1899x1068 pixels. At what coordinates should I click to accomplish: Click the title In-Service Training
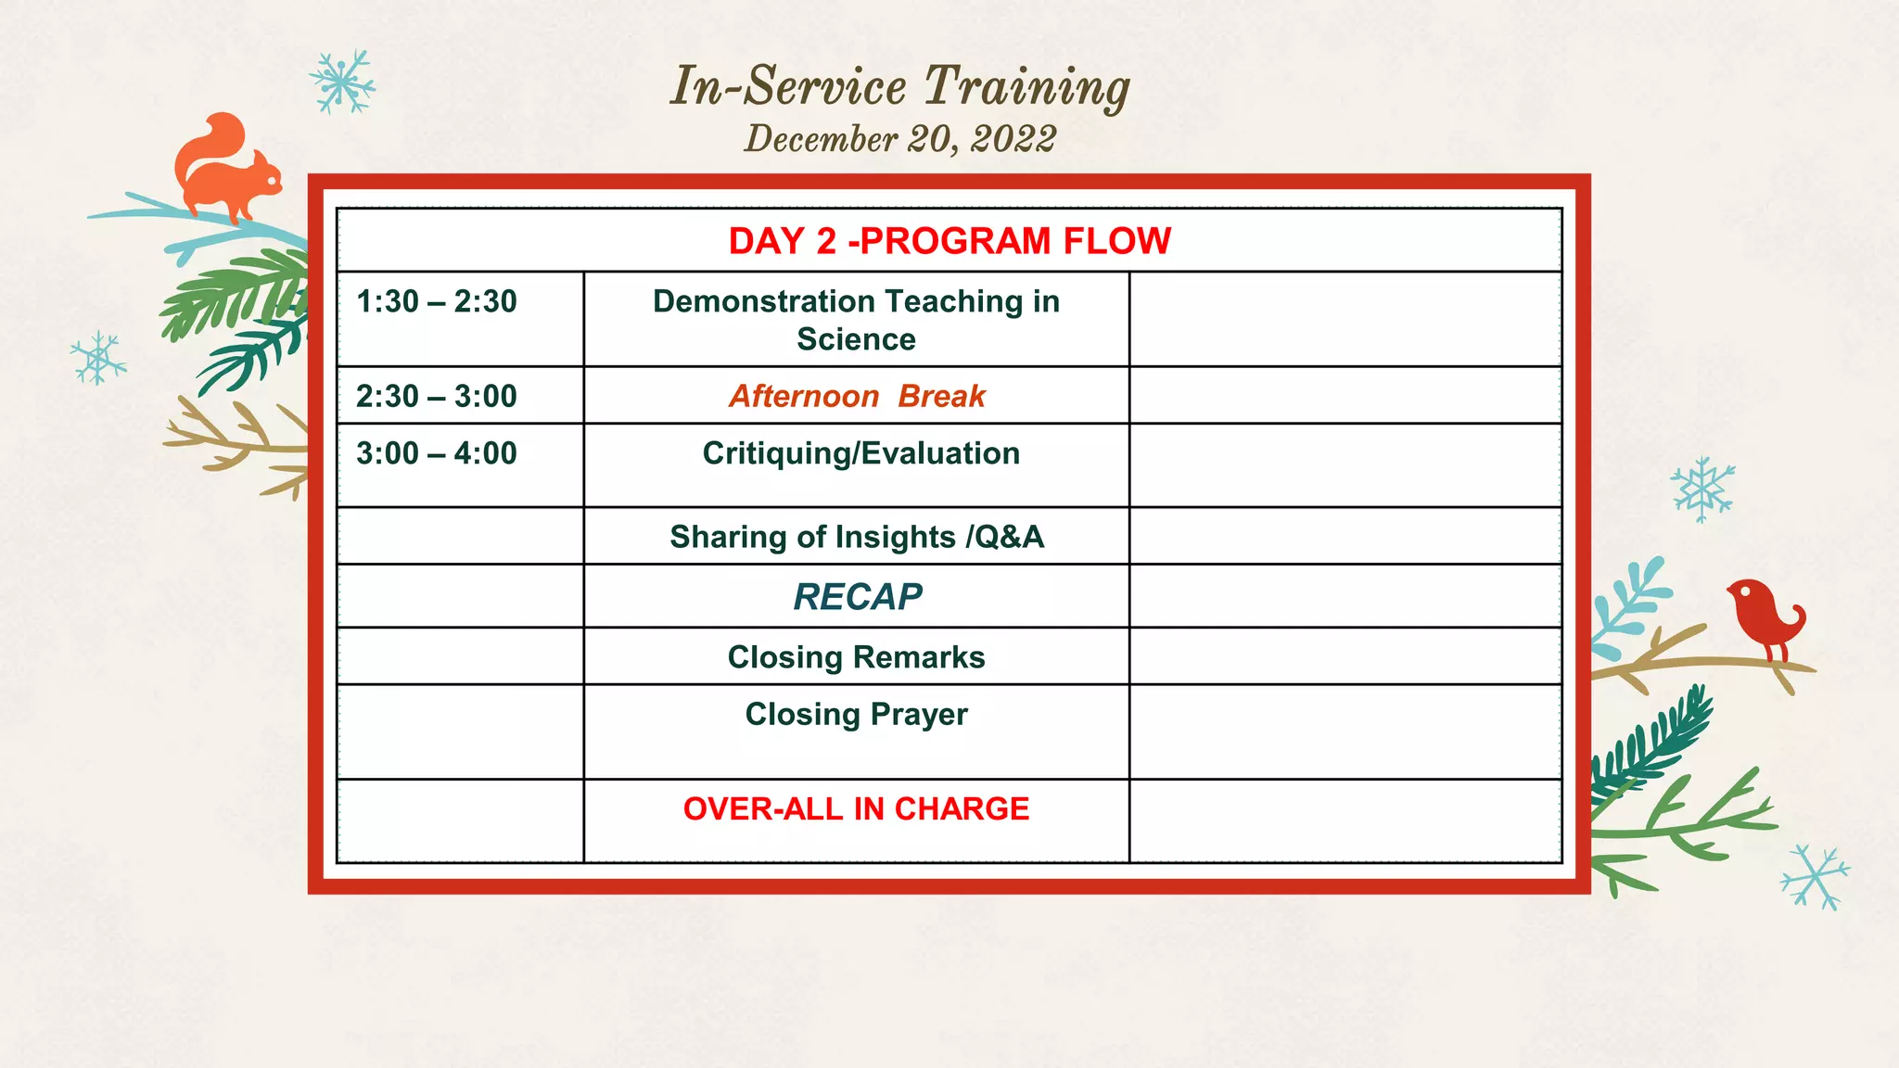point(899,86)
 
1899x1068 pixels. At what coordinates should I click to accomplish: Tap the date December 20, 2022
point(899,139)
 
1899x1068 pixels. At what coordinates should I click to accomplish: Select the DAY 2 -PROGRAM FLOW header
point(949,241)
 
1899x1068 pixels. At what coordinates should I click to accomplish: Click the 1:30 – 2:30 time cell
point(436,302)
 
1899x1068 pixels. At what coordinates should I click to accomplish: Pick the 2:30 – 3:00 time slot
point(436,397)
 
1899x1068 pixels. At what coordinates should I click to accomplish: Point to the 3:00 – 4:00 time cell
point(436,454)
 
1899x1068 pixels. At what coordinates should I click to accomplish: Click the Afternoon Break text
point(856,397)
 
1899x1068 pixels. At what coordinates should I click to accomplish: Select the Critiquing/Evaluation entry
point(860,453)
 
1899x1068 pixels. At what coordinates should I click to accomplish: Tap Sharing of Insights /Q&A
point(856,537)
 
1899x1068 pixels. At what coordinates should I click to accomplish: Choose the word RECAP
point(857,597)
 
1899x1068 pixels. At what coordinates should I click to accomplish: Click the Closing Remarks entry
point(856,657)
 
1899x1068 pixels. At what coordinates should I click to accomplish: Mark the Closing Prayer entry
point(856,715)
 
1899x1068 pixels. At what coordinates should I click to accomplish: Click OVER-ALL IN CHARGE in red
point(856,808)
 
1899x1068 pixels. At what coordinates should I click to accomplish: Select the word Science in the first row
point(856,339)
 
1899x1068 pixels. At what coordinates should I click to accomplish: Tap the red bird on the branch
point(1762,614)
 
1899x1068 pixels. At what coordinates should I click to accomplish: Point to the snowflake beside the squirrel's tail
point(342,83)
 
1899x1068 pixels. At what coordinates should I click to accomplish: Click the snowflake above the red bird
point(1702,489)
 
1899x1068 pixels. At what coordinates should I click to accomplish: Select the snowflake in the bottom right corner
point(1815,876)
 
